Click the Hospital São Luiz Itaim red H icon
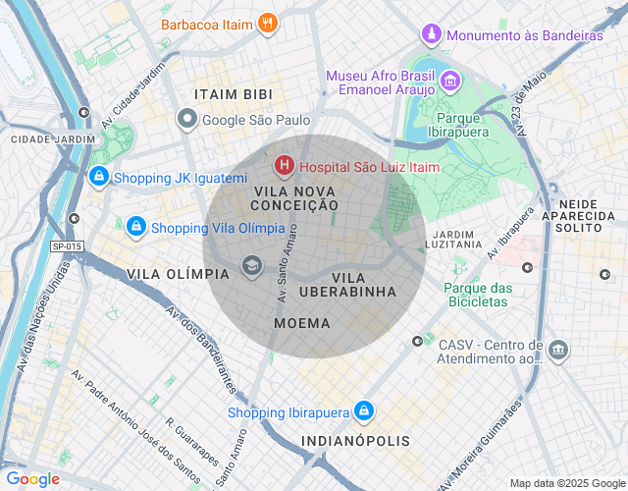tap(285, 167)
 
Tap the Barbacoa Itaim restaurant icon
tap(268, 23)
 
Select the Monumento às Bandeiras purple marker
tap(431, 35)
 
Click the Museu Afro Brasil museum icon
tap(450, 80)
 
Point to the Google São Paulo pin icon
tap(187, 120)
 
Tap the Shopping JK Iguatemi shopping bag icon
tap(98, 178)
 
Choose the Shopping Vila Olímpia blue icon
tap(135, 227)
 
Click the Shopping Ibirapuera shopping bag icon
tap(363, 411)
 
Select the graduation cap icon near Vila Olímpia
tap(252, 266)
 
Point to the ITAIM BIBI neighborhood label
tap(234, 94)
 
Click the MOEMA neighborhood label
tap(302, 323)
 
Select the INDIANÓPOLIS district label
tap(355, 441)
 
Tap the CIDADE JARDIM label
tap(54, 139)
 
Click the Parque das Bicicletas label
tap(478, 295)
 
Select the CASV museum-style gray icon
tap(558, 350)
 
